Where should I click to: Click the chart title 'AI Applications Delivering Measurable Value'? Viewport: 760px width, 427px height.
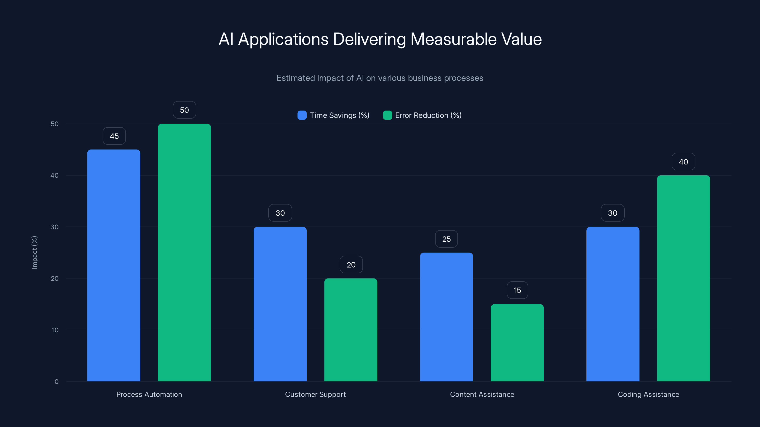(x=380, y=39)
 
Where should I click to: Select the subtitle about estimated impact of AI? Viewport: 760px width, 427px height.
(x=380, y=78)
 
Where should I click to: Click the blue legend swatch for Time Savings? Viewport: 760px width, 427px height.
(x=302, y=115)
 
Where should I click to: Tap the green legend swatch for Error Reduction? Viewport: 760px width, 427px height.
(x=387, y=115)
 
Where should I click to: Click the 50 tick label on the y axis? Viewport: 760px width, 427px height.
(x=55, y=124)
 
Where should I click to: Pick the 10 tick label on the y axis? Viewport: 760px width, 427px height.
(x=55, y=330)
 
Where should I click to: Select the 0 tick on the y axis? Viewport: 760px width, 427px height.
(x=56, y=382)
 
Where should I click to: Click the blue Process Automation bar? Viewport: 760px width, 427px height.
(x=114, y=265)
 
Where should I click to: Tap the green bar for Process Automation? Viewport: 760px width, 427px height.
(x=184, y=252)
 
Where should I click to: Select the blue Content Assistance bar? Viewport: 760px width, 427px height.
(x=446, y=317)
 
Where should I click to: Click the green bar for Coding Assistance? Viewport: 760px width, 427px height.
(x=683, y=278)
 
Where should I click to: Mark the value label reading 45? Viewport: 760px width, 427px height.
(x=114, y=136)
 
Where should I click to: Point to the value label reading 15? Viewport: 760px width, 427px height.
(x=517, y=291)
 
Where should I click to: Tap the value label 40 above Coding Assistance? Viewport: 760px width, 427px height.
(x=683, y=162)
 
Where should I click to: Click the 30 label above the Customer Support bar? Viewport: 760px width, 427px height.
(x=280, y=213)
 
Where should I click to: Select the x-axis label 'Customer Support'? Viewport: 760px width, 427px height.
(x=315, y=395)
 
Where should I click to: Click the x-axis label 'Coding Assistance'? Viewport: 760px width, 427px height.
(x=648, y=395)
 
